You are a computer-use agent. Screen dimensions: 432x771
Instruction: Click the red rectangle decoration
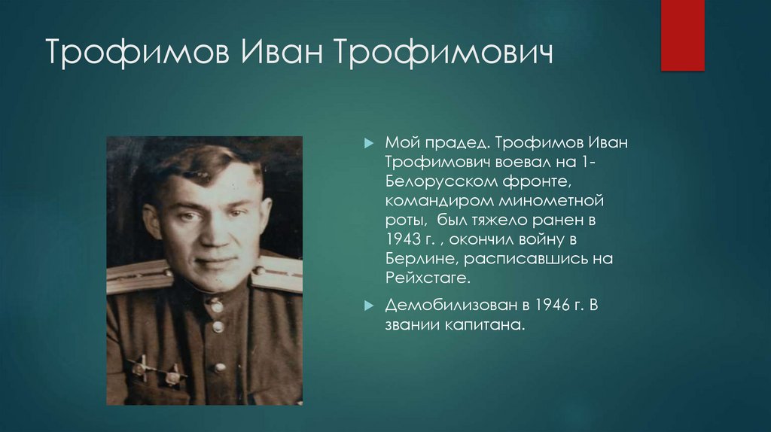pos(682,35)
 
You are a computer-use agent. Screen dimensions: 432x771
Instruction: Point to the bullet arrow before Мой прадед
pos(368,143)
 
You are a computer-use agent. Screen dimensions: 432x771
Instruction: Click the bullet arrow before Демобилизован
pos(368,306)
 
